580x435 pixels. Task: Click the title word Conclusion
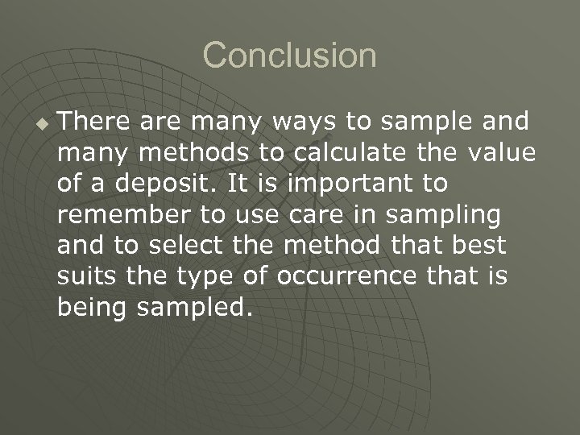click(289, 56)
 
